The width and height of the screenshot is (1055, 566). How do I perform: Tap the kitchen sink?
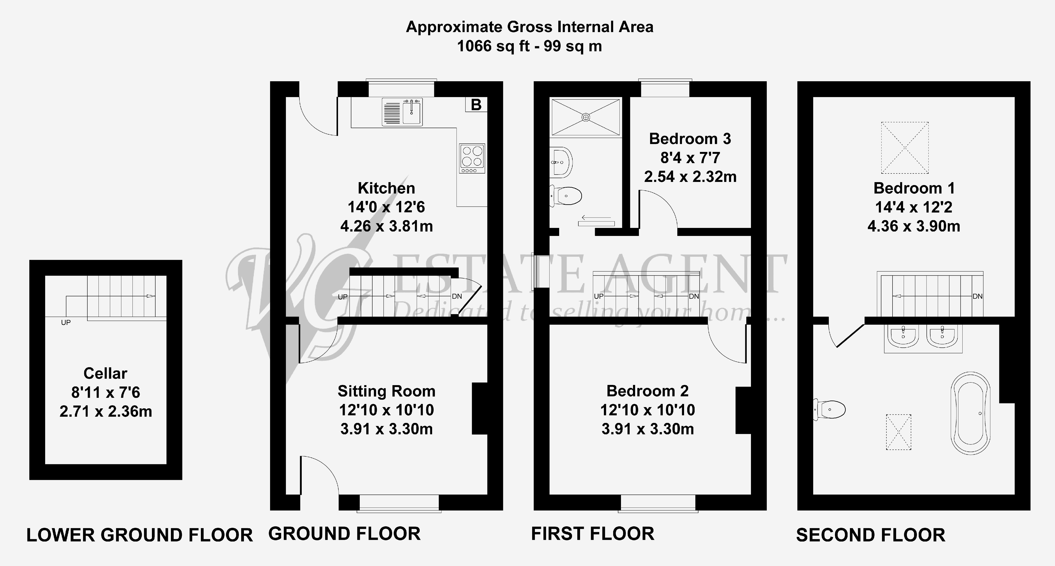pyautogui.click(x=402, y=112)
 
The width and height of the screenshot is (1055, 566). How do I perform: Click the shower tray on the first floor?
pyautogui.click(x=586, y=117)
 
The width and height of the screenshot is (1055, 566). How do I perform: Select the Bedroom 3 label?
pyautogui.click(x=690, y=139)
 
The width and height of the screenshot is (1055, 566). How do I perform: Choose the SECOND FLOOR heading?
pyautogui.click(x=870, y=535)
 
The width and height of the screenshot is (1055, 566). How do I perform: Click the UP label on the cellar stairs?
pyautogui.click(x=66, y=323)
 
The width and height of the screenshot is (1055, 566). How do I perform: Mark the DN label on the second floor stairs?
pyautogui.click(x=977, y=296)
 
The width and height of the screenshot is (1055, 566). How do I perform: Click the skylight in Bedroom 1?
pyautogui.click(x=905, y=148)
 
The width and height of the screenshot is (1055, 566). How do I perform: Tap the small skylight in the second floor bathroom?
pyautogui.click(x=899, y=432)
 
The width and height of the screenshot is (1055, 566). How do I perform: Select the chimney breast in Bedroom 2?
pyautogui.click(x=743, y=410)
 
